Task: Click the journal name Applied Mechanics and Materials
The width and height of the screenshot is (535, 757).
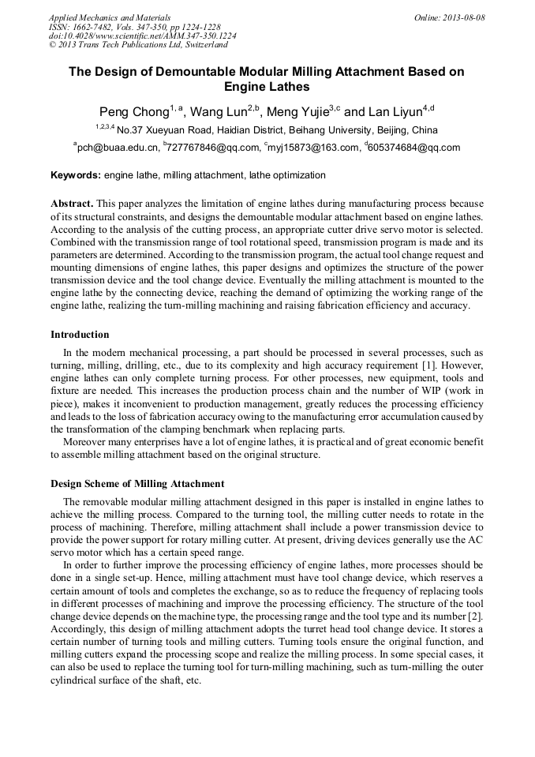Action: (x=109, y=17)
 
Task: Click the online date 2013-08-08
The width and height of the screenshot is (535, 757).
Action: (x=460, y=17)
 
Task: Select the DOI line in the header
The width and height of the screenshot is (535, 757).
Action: (x=142, y=36)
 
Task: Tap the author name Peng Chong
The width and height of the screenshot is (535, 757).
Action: (x=133, y=111)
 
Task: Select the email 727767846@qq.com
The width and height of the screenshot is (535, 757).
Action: (x=212, y=147)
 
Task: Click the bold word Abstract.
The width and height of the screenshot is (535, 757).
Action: (x=72, y=204)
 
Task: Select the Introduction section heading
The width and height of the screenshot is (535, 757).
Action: (x=80, y=335)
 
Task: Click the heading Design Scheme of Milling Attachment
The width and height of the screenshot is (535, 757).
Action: (x=137, y=484)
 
